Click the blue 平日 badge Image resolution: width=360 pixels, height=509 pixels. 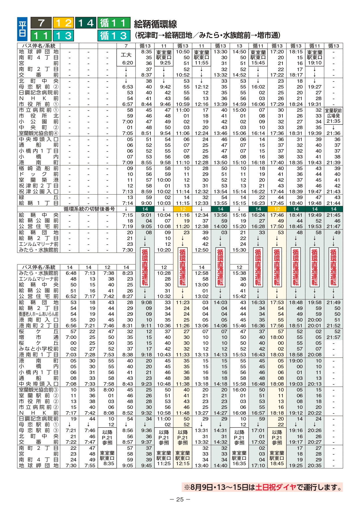click(x=22, y=29)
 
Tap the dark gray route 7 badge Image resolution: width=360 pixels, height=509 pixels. click(x=41, y=23)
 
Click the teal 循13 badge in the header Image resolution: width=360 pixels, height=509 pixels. click(x=114, y=36)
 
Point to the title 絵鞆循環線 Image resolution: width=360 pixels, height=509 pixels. click(x=155, y=24)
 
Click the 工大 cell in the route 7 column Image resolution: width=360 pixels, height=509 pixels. click(x=126, y=55)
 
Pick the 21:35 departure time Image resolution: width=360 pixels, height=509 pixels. click(x=333, y=121)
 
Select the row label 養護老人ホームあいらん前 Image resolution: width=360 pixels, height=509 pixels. click(x=39, y=314)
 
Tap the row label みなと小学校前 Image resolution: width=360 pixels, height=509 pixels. click(x=39, y=349)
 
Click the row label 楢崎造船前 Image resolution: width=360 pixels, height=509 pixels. click(x=39, y=168)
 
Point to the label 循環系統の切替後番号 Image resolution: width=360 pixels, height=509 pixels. click(x=89, y=209)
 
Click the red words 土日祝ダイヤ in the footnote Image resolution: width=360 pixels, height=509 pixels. click(x=276, y=487)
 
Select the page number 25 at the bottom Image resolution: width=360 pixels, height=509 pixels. click(x=180, y=499)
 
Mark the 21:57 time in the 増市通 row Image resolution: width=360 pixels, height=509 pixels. click(x=333, y=337)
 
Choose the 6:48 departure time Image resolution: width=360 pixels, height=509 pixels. click(x=71, y=273)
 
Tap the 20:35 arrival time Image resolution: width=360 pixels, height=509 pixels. click(x=315, y=465)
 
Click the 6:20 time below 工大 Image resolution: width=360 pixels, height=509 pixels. click(x=127, y=63)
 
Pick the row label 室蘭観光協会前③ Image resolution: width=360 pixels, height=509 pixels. click(x=39, y=390)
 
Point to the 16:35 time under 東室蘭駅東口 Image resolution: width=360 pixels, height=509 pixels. click(x=239, y=463)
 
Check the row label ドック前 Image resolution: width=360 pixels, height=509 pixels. click(x=39, y=174)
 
